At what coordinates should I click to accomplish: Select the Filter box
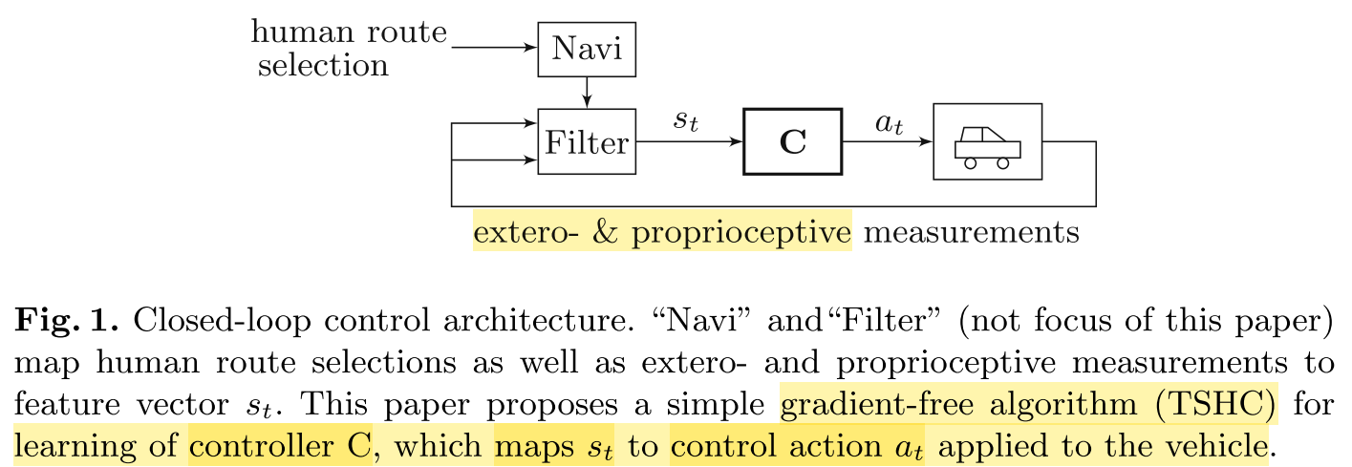[x=587, y=142]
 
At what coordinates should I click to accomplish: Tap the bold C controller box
[x=792, y=142]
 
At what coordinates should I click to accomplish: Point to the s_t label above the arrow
[x=686, y=122]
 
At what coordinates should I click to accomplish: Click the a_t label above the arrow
[x=889, y=122]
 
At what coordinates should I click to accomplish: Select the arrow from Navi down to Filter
[x=587, y=92]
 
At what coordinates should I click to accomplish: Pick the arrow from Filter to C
[x=689, y=142]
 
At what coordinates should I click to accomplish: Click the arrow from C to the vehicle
[x=886, y=142]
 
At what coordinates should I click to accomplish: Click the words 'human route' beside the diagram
[x=349, y=32]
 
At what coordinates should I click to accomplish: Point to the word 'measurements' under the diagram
[x=972, y=232]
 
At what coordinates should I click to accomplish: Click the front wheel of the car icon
[x=1002, y=163]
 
